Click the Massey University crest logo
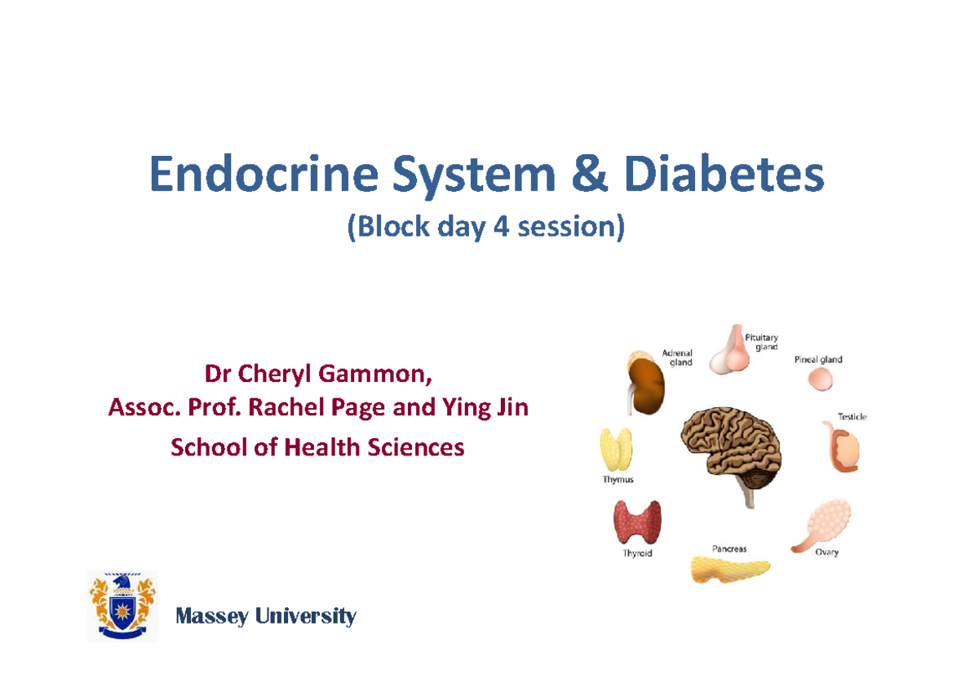click(122, 606)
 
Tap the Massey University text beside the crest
click(266, 616)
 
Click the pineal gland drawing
click(821, 379)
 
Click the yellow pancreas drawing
click(730, 568)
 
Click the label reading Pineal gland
click(818, 359)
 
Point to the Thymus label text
click(618, 480)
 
